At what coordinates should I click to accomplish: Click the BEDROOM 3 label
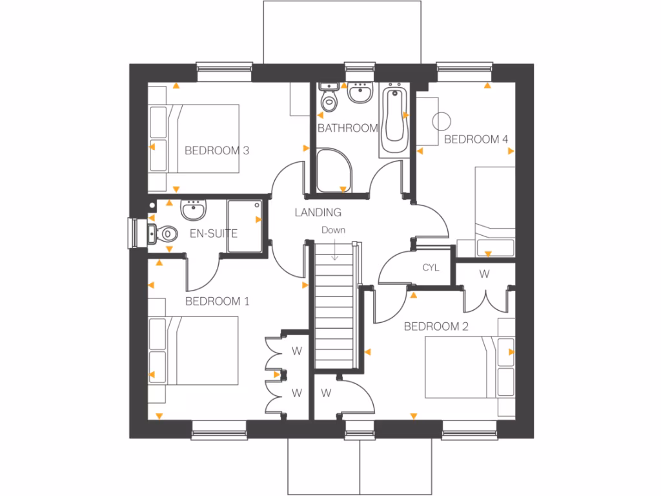217,150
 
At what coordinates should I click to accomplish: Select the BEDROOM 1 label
217,301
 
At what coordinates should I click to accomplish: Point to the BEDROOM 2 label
436,326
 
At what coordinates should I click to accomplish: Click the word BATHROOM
347,128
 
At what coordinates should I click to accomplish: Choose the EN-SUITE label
213,233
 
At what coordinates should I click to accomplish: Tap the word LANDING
318,212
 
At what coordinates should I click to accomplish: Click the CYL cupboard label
431,267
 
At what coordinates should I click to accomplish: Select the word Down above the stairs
334,230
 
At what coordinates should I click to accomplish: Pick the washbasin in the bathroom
359,94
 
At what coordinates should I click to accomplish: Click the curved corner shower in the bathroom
334,170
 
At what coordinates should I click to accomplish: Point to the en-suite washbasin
192,210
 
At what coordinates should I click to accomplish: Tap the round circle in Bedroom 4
441,120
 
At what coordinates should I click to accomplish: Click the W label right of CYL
484,274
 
